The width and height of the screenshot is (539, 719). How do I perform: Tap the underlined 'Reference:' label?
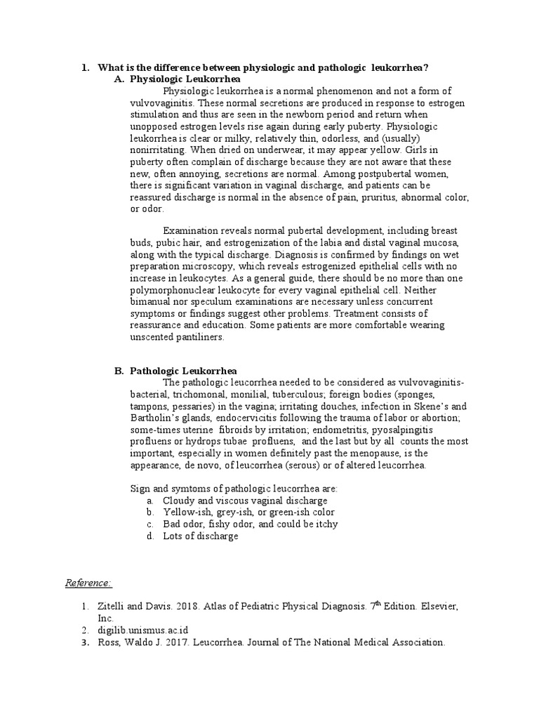(88, 583)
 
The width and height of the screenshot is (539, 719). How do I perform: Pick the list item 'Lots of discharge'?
(200, 536)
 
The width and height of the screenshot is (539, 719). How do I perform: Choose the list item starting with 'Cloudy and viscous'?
(245, 501)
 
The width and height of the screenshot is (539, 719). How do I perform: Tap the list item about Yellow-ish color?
(248, 513)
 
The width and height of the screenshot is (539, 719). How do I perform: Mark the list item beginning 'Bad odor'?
(250, 524)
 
